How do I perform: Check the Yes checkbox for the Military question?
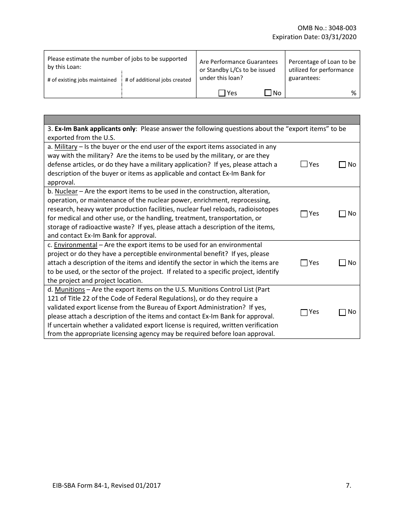tap(304, 164)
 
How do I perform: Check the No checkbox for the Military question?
tap(342, 165)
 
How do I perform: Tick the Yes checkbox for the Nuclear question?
tap(304, 214)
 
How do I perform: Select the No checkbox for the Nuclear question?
tap(342, 214)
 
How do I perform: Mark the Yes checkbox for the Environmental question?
tap(304, 263)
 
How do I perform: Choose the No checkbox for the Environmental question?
tap(342, 263)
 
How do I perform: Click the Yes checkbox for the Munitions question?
tap(304, 312)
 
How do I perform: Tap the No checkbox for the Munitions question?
tap(342, 312)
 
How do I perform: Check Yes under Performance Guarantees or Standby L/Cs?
tap(222, 93)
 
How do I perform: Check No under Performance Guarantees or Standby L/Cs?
tap(268, 93)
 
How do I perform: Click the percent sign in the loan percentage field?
tap(353, 93)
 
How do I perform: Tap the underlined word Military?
tap(66, 147)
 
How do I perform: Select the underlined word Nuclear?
tap(66, 191)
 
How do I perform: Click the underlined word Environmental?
tap(76, 245)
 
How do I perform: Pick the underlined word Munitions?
tap(70, 290)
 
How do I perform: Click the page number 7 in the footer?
tap(348, 485)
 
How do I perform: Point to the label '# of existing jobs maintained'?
tap(82, 80)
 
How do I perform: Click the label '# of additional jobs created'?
tap(158, 80)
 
